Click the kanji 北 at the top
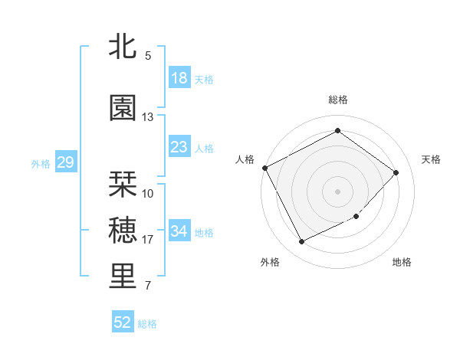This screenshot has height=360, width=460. (x=123, y=46)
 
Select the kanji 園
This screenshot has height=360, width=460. (x=123, y=108)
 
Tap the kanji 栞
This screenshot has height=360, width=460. (x=123, y=184)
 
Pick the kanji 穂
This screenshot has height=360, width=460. (x=123, y=230)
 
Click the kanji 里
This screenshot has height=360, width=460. (x=123, y=277)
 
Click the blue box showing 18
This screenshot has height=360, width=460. (x=179, y=78)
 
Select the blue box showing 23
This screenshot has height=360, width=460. (x=179, y=147)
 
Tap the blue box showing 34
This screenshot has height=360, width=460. (x=179, y=231)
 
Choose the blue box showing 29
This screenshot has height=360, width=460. (x=65, y=162)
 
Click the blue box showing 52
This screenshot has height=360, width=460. (x=123, y=322)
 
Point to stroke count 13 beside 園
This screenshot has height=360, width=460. (x=148, y=117)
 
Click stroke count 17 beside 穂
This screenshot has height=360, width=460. (x=148, y=240)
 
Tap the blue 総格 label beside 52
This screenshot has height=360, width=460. (x=147, y=324)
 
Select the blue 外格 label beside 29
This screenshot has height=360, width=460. (x=41, y=163)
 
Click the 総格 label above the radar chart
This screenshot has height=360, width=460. (x=337, y=100)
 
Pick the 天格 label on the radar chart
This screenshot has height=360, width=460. (x=431, y=159)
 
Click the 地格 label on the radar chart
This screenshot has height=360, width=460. (x=402, y=262)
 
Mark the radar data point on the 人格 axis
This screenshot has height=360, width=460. (x=265, y=168)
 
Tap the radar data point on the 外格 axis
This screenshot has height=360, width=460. (x=301, y=242)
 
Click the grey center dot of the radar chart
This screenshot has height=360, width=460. (x=337, y=191)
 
